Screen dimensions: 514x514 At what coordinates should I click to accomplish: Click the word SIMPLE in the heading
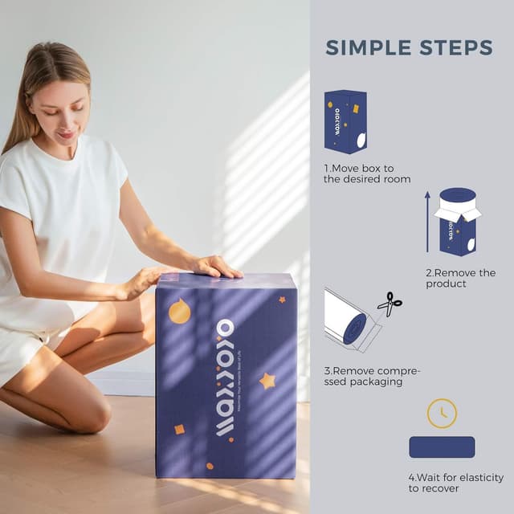(364, 47)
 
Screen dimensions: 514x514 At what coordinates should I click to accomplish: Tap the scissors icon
(390, 304)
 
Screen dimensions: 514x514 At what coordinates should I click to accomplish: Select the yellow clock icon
(442, 412)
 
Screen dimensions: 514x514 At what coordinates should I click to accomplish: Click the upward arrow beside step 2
(428, 222)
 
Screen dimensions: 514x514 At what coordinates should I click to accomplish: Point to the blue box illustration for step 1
(345, 121)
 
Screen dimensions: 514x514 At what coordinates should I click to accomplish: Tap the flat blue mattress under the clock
(442, 447)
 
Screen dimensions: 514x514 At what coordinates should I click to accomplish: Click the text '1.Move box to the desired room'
(367, 173)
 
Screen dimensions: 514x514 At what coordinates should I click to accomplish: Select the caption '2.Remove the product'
(460, 278)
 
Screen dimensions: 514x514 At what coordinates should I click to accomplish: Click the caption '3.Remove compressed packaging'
(371, 376)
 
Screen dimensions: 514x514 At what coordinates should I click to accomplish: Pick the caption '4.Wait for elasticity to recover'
(455, 483)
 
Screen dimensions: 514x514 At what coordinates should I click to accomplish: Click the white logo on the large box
(224, 377)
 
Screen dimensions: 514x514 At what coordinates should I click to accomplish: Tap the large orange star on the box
(267, 381)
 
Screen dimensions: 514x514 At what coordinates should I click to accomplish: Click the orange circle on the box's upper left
(180, 312)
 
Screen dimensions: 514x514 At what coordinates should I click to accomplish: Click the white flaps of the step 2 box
(457, 211)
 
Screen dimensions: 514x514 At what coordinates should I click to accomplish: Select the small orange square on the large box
(180, 430)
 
